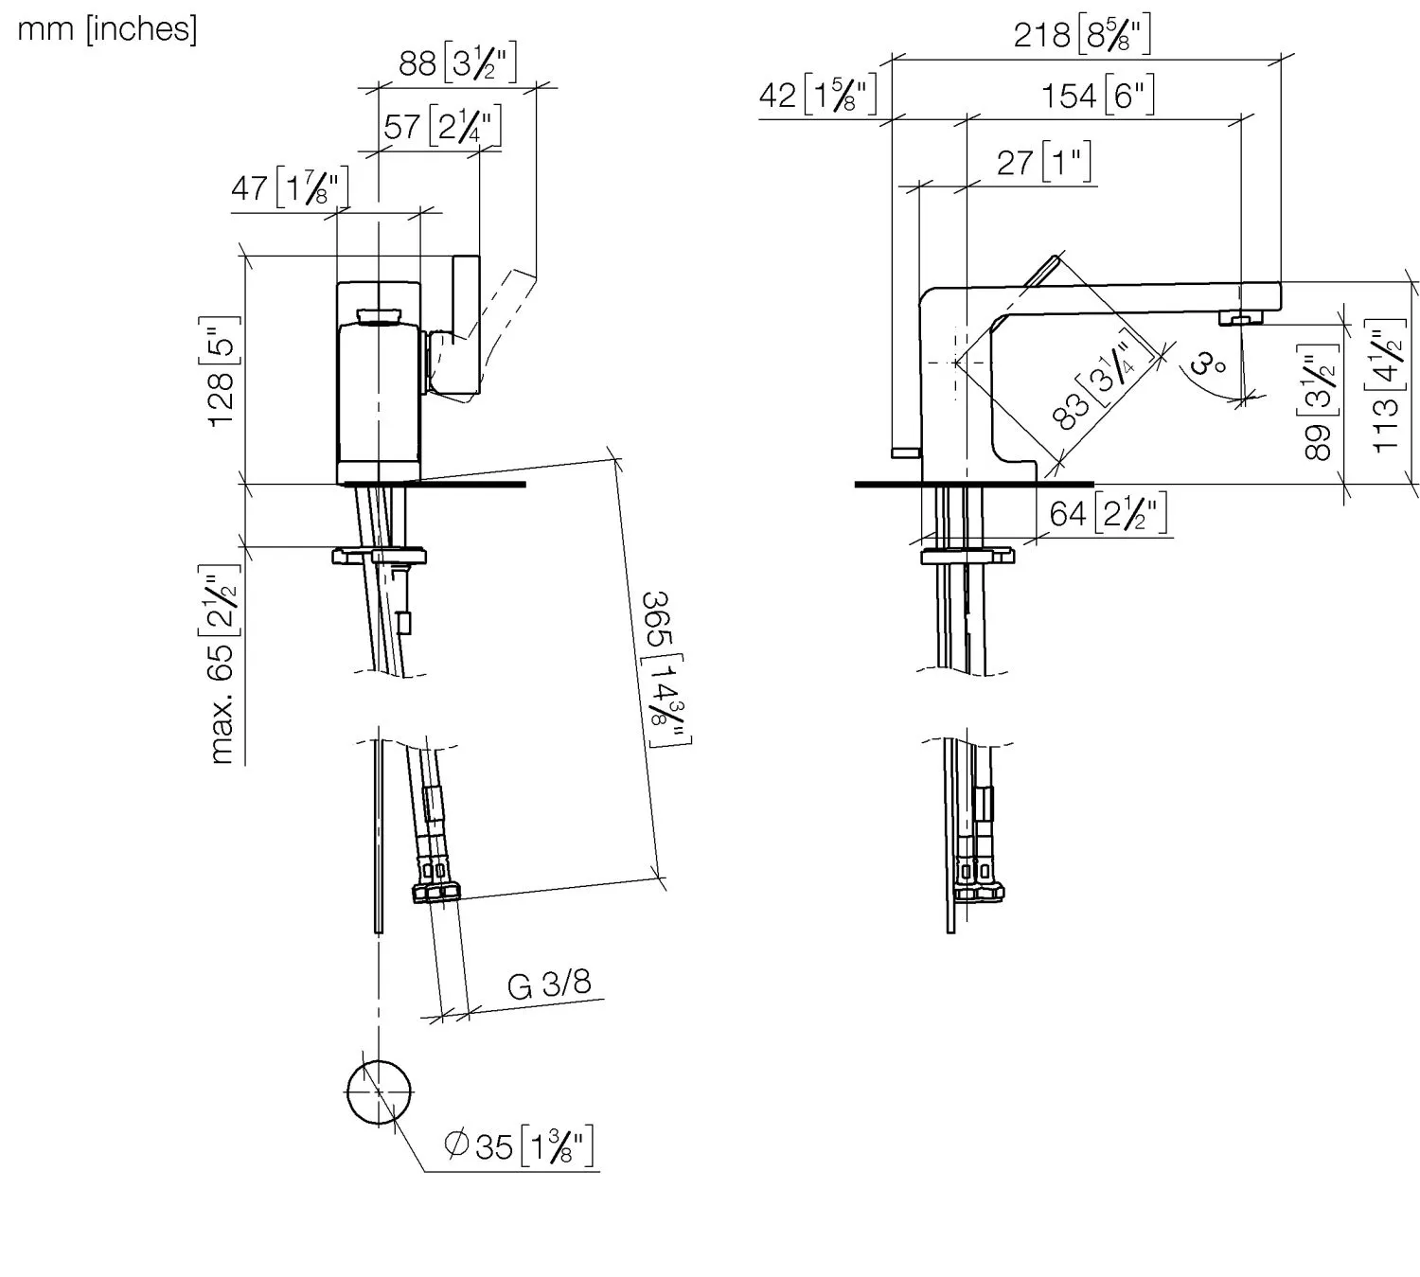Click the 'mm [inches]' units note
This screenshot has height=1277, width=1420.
point(107,30)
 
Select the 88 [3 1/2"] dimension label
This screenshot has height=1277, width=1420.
point(457,62)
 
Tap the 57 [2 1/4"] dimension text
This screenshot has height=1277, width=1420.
point(442,125)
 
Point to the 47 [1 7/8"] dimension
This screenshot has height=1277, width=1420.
point(290,186)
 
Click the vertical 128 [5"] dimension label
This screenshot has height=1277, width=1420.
point(221,372)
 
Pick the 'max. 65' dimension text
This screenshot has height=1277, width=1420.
point(221,664)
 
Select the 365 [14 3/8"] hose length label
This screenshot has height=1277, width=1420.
point(665,667)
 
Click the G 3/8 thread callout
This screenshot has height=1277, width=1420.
point(549,984)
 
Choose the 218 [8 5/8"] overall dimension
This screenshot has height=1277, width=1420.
point(1082,33)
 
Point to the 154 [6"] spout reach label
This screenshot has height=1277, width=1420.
point(1098,95)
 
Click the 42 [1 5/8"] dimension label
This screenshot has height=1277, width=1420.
point(818,94)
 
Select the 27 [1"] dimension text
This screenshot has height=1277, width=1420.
point(1044,162)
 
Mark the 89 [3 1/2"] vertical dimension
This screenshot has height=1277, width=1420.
point(1318,402)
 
